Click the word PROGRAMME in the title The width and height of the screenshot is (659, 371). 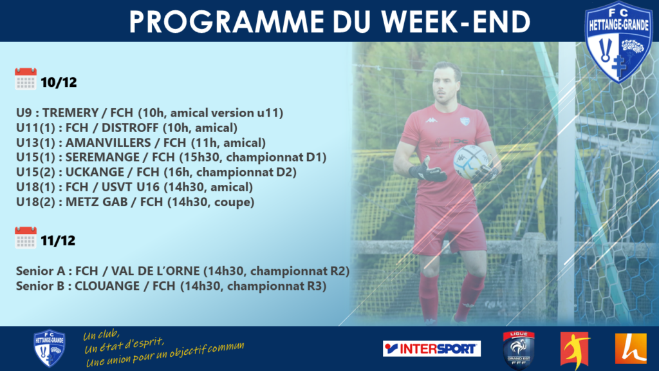pos(227,21)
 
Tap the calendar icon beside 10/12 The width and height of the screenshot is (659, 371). pos(26,79)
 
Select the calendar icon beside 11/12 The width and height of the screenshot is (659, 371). pos(26,238)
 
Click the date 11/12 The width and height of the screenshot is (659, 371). pos(58,241)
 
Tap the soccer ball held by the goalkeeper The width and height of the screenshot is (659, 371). pos(471,162)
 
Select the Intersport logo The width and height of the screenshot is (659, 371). pos(432,348)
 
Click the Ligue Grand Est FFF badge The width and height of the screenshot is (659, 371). pos(519,350)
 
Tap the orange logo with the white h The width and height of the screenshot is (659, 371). pos(631,348)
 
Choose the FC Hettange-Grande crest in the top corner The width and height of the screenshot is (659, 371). pos(618,42)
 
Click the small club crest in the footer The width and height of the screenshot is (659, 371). pos(49,348)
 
